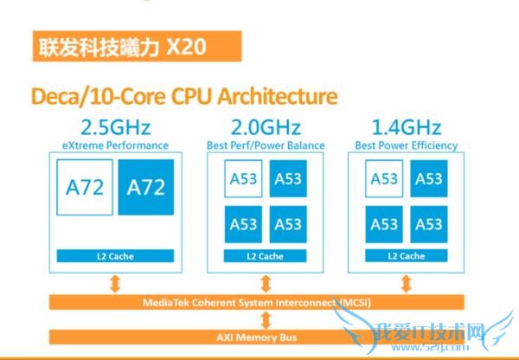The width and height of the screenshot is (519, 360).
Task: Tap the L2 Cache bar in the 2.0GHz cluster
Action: tap(265, 256)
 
